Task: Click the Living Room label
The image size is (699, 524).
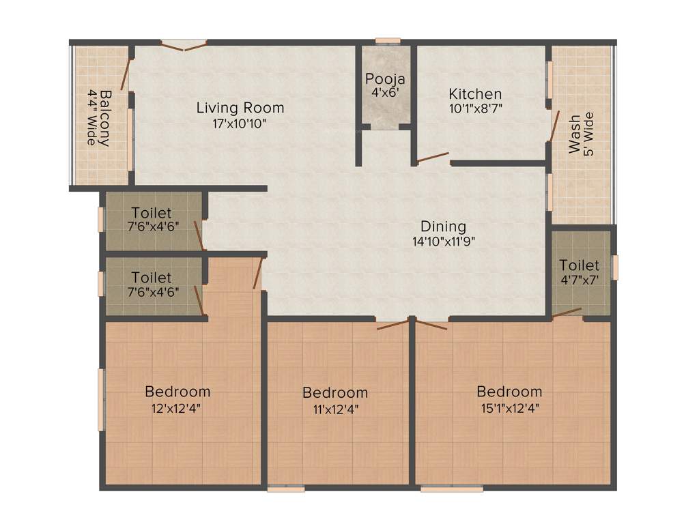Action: pyautogui.click(x=240, y=108)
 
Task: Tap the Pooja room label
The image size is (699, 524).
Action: pyautogui.click(x=385, y=78)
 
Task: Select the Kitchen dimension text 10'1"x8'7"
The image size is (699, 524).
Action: pyautogui.click(x=476, y=107)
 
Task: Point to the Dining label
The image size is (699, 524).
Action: pyautogui.click(x=443, y=227)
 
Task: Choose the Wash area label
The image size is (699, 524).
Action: pyautogui.click(x=575, y=134)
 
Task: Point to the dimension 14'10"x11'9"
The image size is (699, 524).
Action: pyautogui.click(x=443, y=241)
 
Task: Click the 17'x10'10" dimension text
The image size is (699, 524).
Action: pyautogui.click(x=240, y=123)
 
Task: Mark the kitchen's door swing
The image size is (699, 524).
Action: pyautogui.click(x=433, y=158)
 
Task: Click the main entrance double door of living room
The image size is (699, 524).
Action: pyautogui.click(x=184, y=45)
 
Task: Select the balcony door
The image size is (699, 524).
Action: pyautogui.click(x=126, y=73)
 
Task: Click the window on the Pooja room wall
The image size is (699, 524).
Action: pyautogui.click(x=387, y=42)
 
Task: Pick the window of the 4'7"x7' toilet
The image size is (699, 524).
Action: pyautogui.click(x=614, y=267)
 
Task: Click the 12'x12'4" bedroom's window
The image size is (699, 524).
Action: pyautogui.click(x=101, y=400)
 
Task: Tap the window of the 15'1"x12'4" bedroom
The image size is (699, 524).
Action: pyautogui.click(x=452, y=489)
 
